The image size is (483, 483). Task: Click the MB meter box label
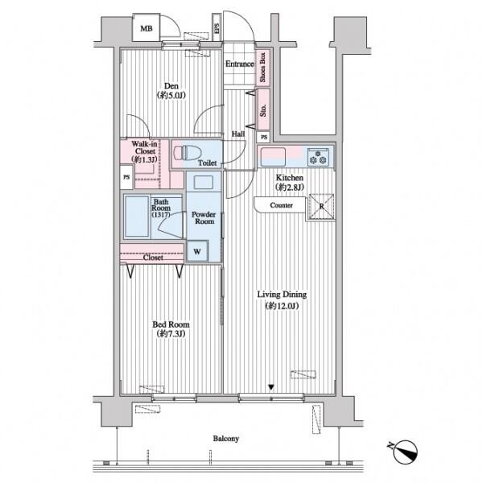147,29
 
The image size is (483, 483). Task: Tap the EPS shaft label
217,29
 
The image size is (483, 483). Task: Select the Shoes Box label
262,68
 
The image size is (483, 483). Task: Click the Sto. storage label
263,110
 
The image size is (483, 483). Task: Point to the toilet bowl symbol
188,153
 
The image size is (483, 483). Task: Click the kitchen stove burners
318,157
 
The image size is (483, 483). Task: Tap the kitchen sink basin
273,157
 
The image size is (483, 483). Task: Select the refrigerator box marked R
321,206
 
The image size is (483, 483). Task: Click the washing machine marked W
197,251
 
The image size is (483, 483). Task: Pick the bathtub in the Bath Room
137,217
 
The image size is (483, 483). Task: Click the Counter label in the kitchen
281,205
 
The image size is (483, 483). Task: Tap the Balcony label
225,439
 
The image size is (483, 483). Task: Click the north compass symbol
404,452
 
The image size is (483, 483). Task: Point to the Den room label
171,85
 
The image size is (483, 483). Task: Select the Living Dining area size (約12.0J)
282,306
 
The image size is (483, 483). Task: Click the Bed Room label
171,324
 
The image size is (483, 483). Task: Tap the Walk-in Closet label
144,147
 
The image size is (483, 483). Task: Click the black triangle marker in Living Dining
271,387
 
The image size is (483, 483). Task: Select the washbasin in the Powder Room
204,182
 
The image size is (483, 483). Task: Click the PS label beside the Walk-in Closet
126,177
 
